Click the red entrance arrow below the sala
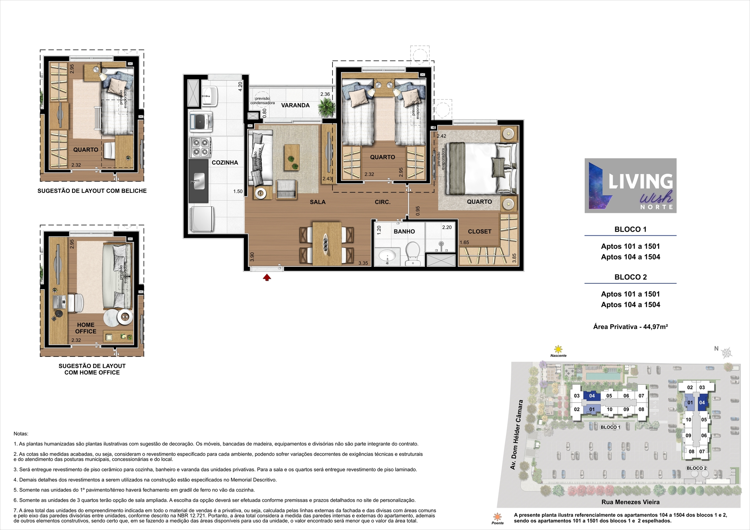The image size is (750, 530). pyautogui.click(x=267, y=277)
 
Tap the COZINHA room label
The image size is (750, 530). pyautogui.click(x=225, y=163)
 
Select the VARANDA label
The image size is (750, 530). pyautogui.click(x=296, y=105)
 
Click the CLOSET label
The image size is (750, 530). pyautogui.click(x=480, y=231)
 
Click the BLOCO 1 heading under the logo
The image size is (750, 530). pyautogui.click(x=630, y=229)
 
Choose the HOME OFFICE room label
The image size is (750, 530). pyautogui.click(x=86, y=328)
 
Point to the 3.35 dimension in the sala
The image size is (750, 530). pyautogui.click(x=363, y=263)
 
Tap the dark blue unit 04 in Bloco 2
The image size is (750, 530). pyautogui.click(x=702, y=403)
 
